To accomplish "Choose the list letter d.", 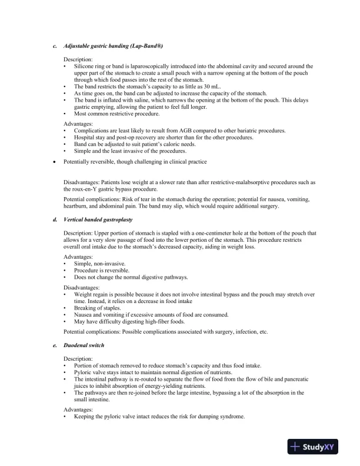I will [55, 219].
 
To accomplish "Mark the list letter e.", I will [55, 345].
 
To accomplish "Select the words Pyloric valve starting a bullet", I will [91, 372].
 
